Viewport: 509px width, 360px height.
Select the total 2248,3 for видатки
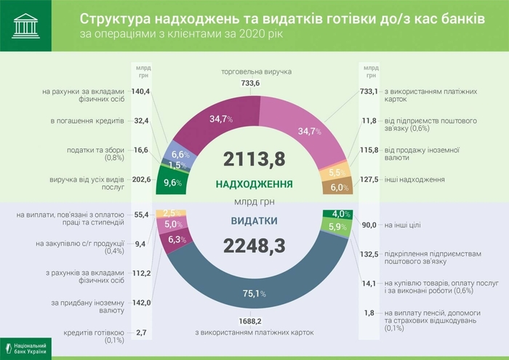click(254, 248)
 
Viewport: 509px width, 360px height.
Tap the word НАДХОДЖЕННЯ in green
click(254, 184)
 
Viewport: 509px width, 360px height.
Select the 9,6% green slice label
click(172, 183)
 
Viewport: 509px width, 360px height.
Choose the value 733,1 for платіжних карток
click(369, 92)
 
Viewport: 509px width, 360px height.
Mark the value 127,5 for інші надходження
click(369, 179)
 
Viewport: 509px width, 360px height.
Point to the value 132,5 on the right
click(369, 254)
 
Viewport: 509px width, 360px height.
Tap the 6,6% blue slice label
click(180, 154)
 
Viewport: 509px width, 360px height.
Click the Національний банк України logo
click(26, 347)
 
